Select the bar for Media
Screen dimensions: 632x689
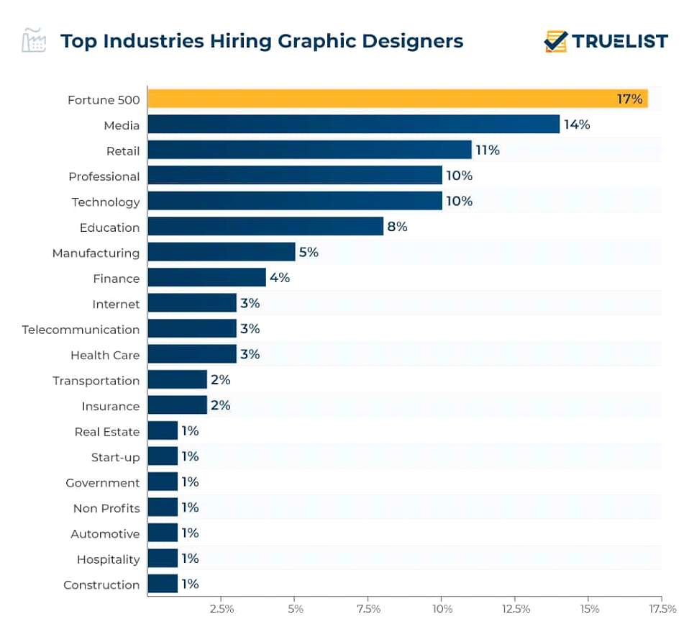353,125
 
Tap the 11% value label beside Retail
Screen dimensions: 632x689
487,150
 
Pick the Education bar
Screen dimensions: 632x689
265,227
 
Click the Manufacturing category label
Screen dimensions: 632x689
96,253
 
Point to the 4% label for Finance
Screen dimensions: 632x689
280,278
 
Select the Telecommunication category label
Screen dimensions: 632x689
81,330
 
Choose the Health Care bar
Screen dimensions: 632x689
192,354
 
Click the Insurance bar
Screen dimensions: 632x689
178,405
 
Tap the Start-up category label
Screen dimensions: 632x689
115,457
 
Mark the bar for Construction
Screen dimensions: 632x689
163,584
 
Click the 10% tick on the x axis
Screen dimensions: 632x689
442,609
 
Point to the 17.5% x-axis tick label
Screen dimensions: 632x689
662,609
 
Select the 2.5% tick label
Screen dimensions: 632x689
222,609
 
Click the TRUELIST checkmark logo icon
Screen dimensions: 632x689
555,41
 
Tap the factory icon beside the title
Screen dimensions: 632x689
34,40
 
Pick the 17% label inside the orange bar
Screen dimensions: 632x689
629,99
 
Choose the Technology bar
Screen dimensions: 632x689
295,201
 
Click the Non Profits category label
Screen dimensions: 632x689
106,508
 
